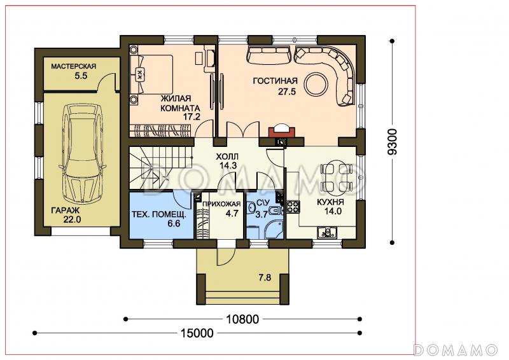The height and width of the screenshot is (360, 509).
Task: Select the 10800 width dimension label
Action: tap(242, 319)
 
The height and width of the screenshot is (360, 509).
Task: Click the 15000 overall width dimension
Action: tap(197, 333)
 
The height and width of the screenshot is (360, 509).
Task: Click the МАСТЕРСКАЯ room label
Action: tap(74, 66)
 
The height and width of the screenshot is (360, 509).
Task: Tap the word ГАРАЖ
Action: tap(66, 211)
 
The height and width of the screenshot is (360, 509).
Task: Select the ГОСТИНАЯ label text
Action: tap(275, 81)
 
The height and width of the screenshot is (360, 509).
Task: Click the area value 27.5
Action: tap(287, 92)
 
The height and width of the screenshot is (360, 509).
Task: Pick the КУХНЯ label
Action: tap(330, 202)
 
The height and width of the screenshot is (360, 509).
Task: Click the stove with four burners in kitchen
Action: tap(293, 207)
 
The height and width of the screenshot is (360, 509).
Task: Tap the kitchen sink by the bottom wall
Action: tap(327, 232)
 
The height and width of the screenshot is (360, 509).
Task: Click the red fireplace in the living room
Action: tap(282, 131)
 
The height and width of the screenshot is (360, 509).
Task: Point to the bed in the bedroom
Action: tap(151, 74)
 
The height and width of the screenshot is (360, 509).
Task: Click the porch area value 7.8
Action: tap(265, 277)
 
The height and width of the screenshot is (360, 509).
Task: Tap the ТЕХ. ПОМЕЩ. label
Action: tap(159, 214)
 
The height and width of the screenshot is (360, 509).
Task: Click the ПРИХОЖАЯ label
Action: tap(221, 204)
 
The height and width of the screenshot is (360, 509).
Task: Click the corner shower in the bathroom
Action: tap(275, 230)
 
